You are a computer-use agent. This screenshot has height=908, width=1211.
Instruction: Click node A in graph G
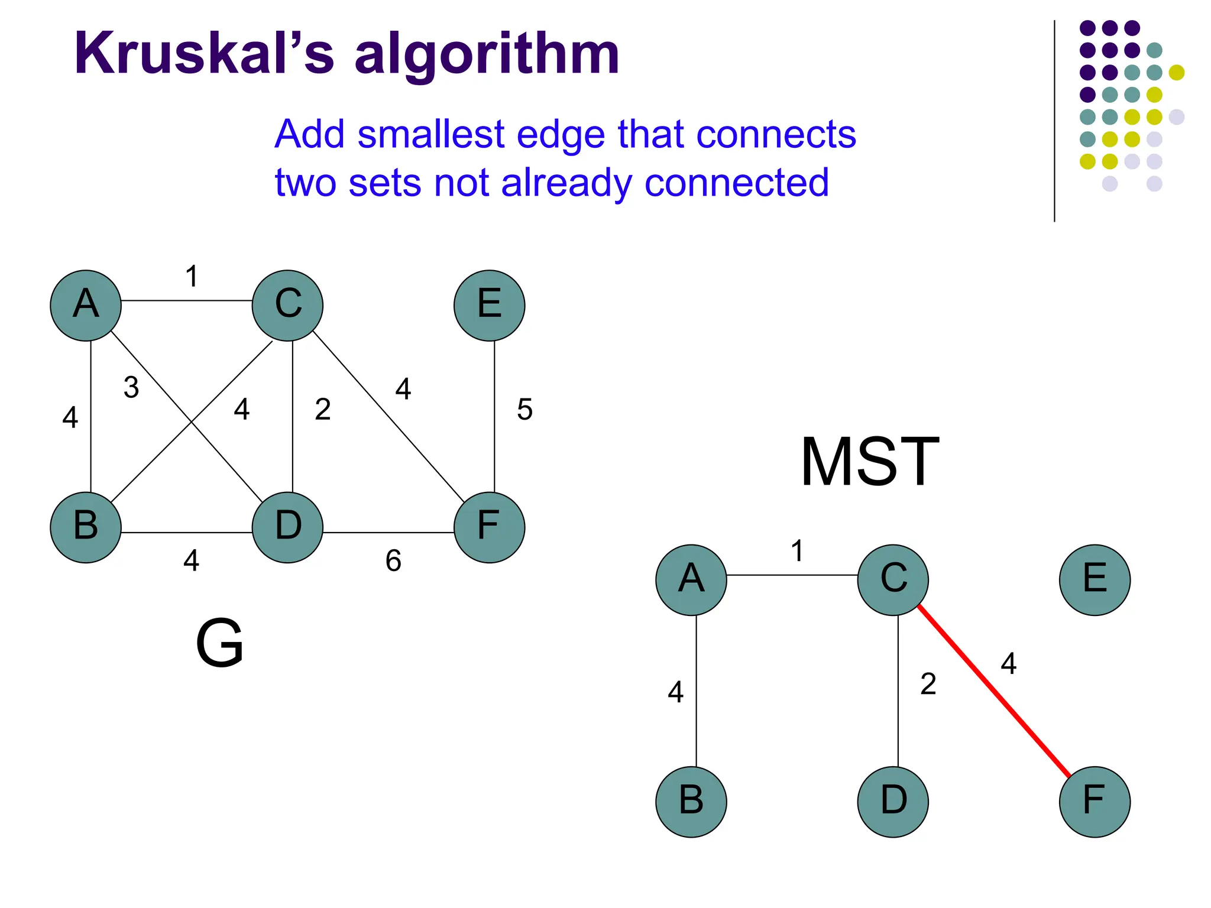tap(86, 305)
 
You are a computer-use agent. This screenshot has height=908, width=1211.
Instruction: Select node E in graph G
tap(489, 305)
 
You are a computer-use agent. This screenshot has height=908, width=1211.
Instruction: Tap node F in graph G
tap(489, 527)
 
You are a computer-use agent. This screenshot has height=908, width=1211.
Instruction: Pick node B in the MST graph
tap(691, 801)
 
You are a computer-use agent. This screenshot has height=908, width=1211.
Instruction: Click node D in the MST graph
tap(893, 801)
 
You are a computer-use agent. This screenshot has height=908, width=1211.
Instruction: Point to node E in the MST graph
tap(1095, 579)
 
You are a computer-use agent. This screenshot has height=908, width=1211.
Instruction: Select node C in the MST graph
tap(893, 579)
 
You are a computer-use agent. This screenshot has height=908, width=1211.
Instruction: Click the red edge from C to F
tap(993, 690)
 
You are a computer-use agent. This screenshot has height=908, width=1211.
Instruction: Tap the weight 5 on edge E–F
tap(524, 409)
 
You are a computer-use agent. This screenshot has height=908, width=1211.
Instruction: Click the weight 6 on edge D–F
tap(393, 560)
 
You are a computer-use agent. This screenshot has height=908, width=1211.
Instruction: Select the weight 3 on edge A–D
tap(131, 388)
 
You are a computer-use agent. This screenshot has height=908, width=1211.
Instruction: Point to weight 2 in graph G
tap(323, 409)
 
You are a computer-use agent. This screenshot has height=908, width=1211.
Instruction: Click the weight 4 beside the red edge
tap(1009, 663)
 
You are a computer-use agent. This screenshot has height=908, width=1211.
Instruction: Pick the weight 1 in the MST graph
tap(797, 551)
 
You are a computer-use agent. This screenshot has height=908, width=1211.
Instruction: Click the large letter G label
tap(219, 643)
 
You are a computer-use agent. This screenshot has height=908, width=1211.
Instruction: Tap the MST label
tap(870, 462)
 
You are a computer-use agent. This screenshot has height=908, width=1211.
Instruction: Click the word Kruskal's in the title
tap(204, 54)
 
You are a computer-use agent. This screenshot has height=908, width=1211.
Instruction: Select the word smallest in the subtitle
tap(436, 134)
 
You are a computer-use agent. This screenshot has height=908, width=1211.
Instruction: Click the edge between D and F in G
tap(388, 533)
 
